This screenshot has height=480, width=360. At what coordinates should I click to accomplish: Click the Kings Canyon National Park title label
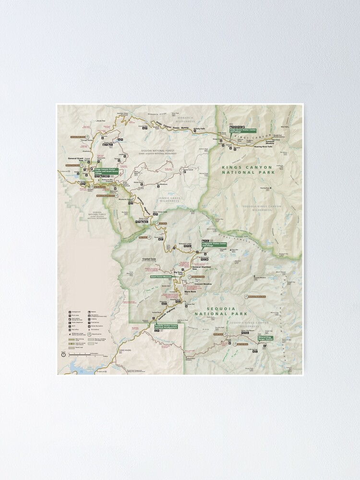coord(247,169)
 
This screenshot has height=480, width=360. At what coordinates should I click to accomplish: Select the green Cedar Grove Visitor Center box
coord(243,130)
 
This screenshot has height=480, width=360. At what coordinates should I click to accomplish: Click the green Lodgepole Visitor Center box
coord(214,244)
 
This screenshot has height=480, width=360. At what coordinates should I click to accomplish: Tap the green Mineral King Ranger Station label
coord(265,338)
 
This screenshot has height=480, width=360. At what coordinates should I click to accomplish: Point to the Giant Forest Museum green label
coord(161,276)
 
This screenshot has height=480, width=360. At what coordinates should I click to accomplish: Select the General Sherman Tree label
coord(201,268)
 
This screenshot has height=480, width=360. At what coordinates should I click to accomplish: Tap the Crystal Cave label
coord(149,259)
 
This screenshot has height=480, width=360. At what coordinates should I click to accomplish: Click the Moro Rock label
coord(190,291)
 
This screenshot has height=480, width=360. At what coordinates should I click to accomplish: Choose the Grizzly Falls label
coord(199,129)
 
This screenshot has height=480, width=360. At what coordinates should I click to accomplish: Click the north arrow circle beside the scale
coord(63,354)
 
